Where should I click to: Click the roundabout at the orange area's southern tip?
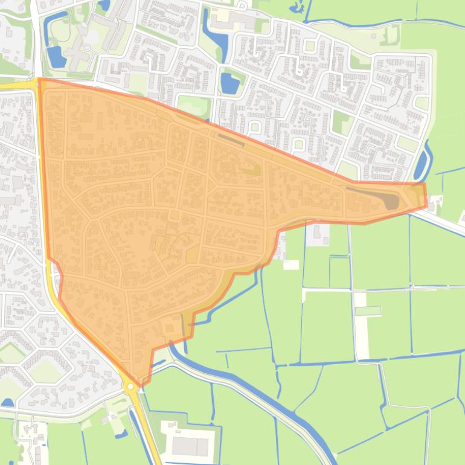click(x=131, y=386)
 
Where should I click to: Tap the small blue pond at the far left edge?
click(x=7, y=402)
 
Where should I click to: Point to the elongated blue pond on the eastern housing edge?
click(x=422, y=161)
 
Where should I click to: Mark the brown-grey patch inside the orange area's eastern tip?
click(x=392, y=201)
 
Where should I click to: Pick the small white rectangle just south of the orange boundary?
click(x=290, y=265)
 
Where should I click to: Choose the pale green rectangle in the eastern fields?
click(x=367, y=311)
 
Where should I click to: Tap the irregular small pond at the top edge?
click(x=297, y=7)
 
